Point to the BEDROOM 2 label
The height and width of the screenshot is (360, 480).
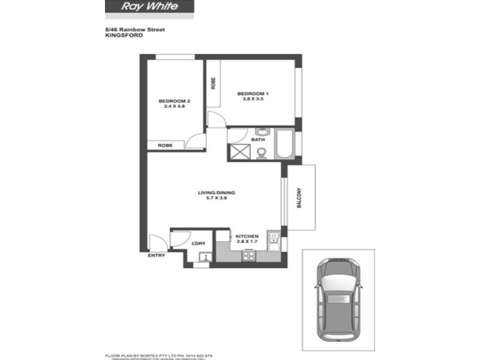[174, 101]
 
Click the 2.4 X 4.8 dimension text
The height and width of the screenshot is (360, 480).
[174, 107]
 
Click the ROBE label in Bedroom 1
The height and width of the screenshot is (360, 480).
[213, 84]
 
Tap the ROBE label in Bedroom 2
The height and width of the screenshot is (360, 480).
[166, 145]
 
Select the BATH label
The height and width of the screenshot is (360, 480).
[258, 140]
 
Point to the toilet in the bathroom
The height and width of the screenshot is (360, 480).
[261, 154]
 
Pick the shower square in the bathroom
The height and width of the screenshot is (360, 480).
[239, 152]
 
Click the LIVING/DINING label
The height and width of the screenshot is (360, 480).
[217, 193]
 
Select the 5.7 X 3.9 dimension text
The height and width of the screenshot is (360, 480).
[217, 199]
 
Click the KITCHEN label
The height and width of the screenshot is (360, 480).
[247, 236]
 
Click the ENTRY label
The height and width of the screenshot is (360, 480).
[156, 256]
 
